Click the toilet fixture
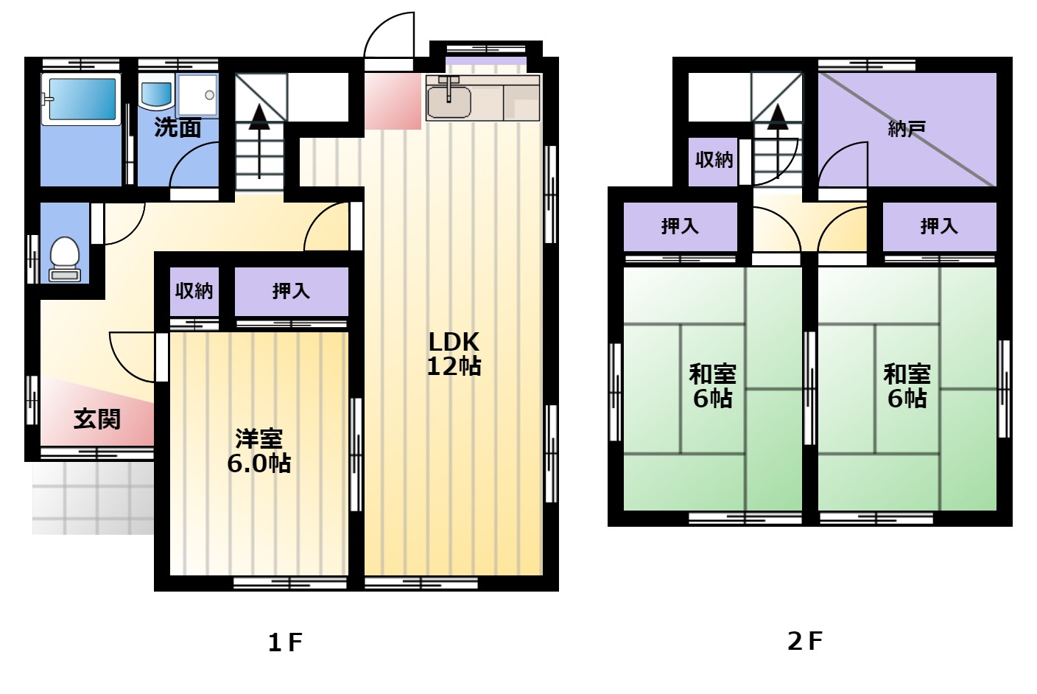click(65, 259)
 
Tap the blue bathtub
click(82, 99)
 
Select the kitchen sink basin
click(449, 102)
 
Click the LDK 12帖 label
click(454, 354)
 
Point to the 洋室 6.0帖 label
click(259, 451)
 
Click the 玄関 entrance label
click(97, 419)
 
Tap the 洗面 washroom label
click(177, 127)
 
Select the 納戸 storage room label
click(907, 129)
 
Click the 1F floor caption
click(286, 642)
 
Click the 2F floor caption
click(805, 641)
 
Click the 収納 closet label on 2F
click(714, 160)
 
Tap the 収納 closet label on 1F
click(194, 291)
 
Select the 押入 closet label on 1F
click(291, 291)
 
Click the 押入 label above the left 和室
click(680, 226)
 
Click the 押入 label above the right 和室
click(939, 226)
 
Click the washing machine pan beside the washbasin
click(197, 94)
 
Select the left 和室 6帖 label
click(713, 386)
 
